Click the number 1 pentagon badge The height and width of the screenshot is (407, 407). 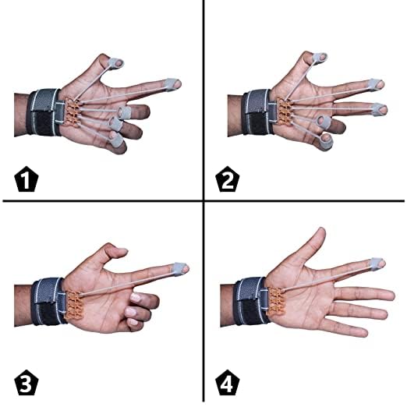pos(26,179)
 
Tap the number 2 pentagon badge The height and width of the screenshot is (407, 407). pos(228,179)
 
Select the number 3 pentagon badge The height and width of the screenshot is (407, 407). pos(26,383)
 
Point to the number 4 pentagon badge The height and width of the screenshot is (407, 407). pos(228,383)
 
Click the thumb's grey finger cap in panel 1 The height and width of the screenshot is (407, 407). pos(115,64)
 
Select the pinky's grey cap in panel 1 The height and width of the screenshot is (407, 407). pos(116,140)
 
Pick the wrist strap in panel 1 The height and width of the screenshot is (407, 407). pos(44,112)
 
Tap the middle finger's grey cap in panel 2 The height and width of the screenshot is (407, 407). pos(379,110)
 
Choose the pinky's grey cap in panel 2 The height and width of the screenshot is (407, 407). pos(326,142)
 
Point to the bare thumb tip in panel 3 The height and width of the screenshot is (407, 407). pos(122,252)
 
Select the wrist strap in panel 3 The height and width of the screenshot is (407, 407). pos(49,302)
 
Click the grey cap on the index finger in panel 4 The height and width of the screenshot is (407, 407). pos(377,264)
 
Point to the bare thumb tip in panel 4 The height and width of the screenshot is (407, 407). pos(321,232)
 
